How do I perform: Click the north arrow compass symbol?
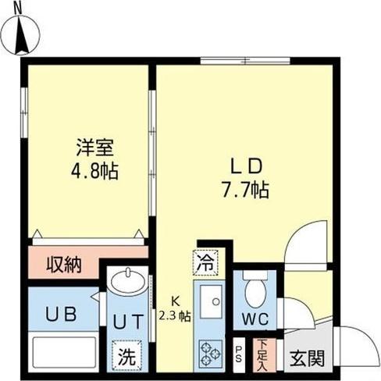click(21, 35)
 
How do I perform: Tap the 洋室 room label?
click(94, 148)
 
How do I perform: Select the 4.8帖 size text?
click(94, 171)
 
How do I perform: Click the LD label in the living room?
click(246, 166)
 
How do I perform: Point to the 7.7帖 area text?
click(245, 190)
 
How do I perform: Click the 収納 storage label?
click(64, 265)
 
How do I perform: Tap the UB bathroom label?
click(61, 314)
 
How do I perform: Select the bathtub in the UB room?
click(64, 352)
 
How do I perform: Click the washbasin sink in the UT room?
click(128, 280)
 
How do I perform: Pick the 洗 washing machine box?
click(127, 355)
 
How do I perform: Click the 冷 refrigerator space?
click(205, 263)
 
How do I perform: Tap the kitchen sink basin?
click(211, 301)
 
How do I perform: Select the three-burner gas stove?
click(211, 354)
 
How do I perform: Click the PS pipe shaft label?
click(238, 354)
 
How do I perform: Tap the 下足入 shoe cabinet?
click(264, 355)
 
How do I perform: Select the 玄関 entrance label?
click(307, 358)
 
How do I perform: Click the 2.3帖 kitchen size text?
click(175, 316)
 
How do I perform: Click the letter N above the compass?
click(18, 9)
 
